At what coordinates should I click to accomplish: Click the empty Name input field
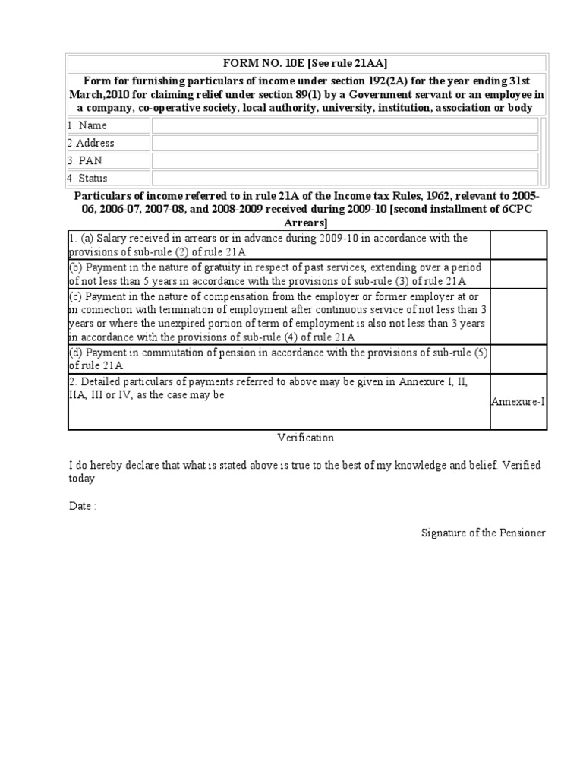pos(345,125)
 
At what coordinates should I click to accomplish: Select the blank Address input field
pos(345,143)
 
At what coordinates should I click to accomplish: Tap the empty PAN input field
pos(345,160)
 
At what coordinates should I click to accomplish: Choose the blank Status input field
pos(345,178)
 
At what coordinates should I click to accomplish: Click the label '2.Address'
pos(90,143)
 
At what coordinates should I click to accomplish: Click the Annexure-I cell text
pos(518,401)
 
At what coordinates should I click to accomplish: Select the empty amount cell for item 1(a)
pos(518,245)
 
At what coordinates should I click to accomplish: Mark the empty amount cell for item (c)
pos(518,315)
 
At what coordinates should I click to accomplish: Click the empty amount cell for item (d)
pos(518,358)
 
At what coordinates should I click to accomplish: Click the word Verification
pos(305,438)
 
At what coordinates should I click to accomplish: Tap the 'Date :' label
pos(82,506)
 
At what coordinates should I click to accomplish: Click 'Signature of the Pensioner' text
pos(484,533)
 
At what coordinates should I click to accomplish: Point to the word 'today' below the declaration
pos(81,479)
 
